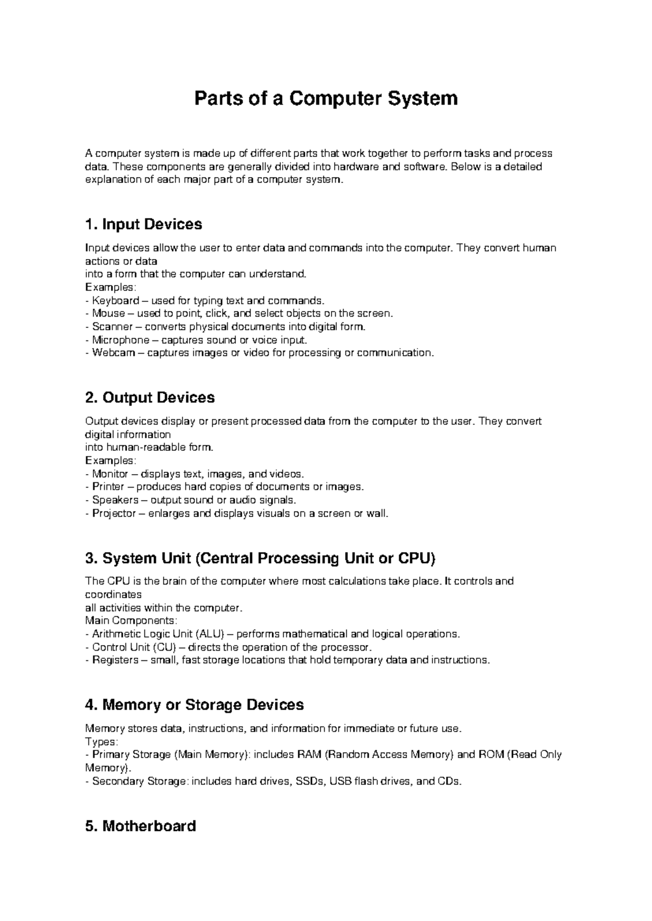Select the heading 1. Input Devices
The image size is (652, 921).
point(143,224)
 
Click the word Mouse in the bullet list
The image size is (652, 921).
point(108,313)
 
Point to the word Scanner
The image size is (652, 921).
point(112,327)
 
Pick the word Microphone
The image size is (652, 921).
point(120,340)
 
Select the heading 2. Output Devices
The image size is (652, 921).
point(150,398)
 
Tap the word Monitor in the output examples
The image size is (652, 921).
point(110,474)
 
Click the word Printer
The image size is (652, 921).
point(108,487)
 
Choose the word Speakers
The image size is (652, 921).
point(115,500)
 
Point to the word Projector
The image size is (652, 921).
point(114,513)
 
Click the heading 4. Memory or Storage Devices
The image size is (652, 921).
point(195,705)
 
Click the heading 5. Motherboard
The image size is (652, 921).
point(141,826)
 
